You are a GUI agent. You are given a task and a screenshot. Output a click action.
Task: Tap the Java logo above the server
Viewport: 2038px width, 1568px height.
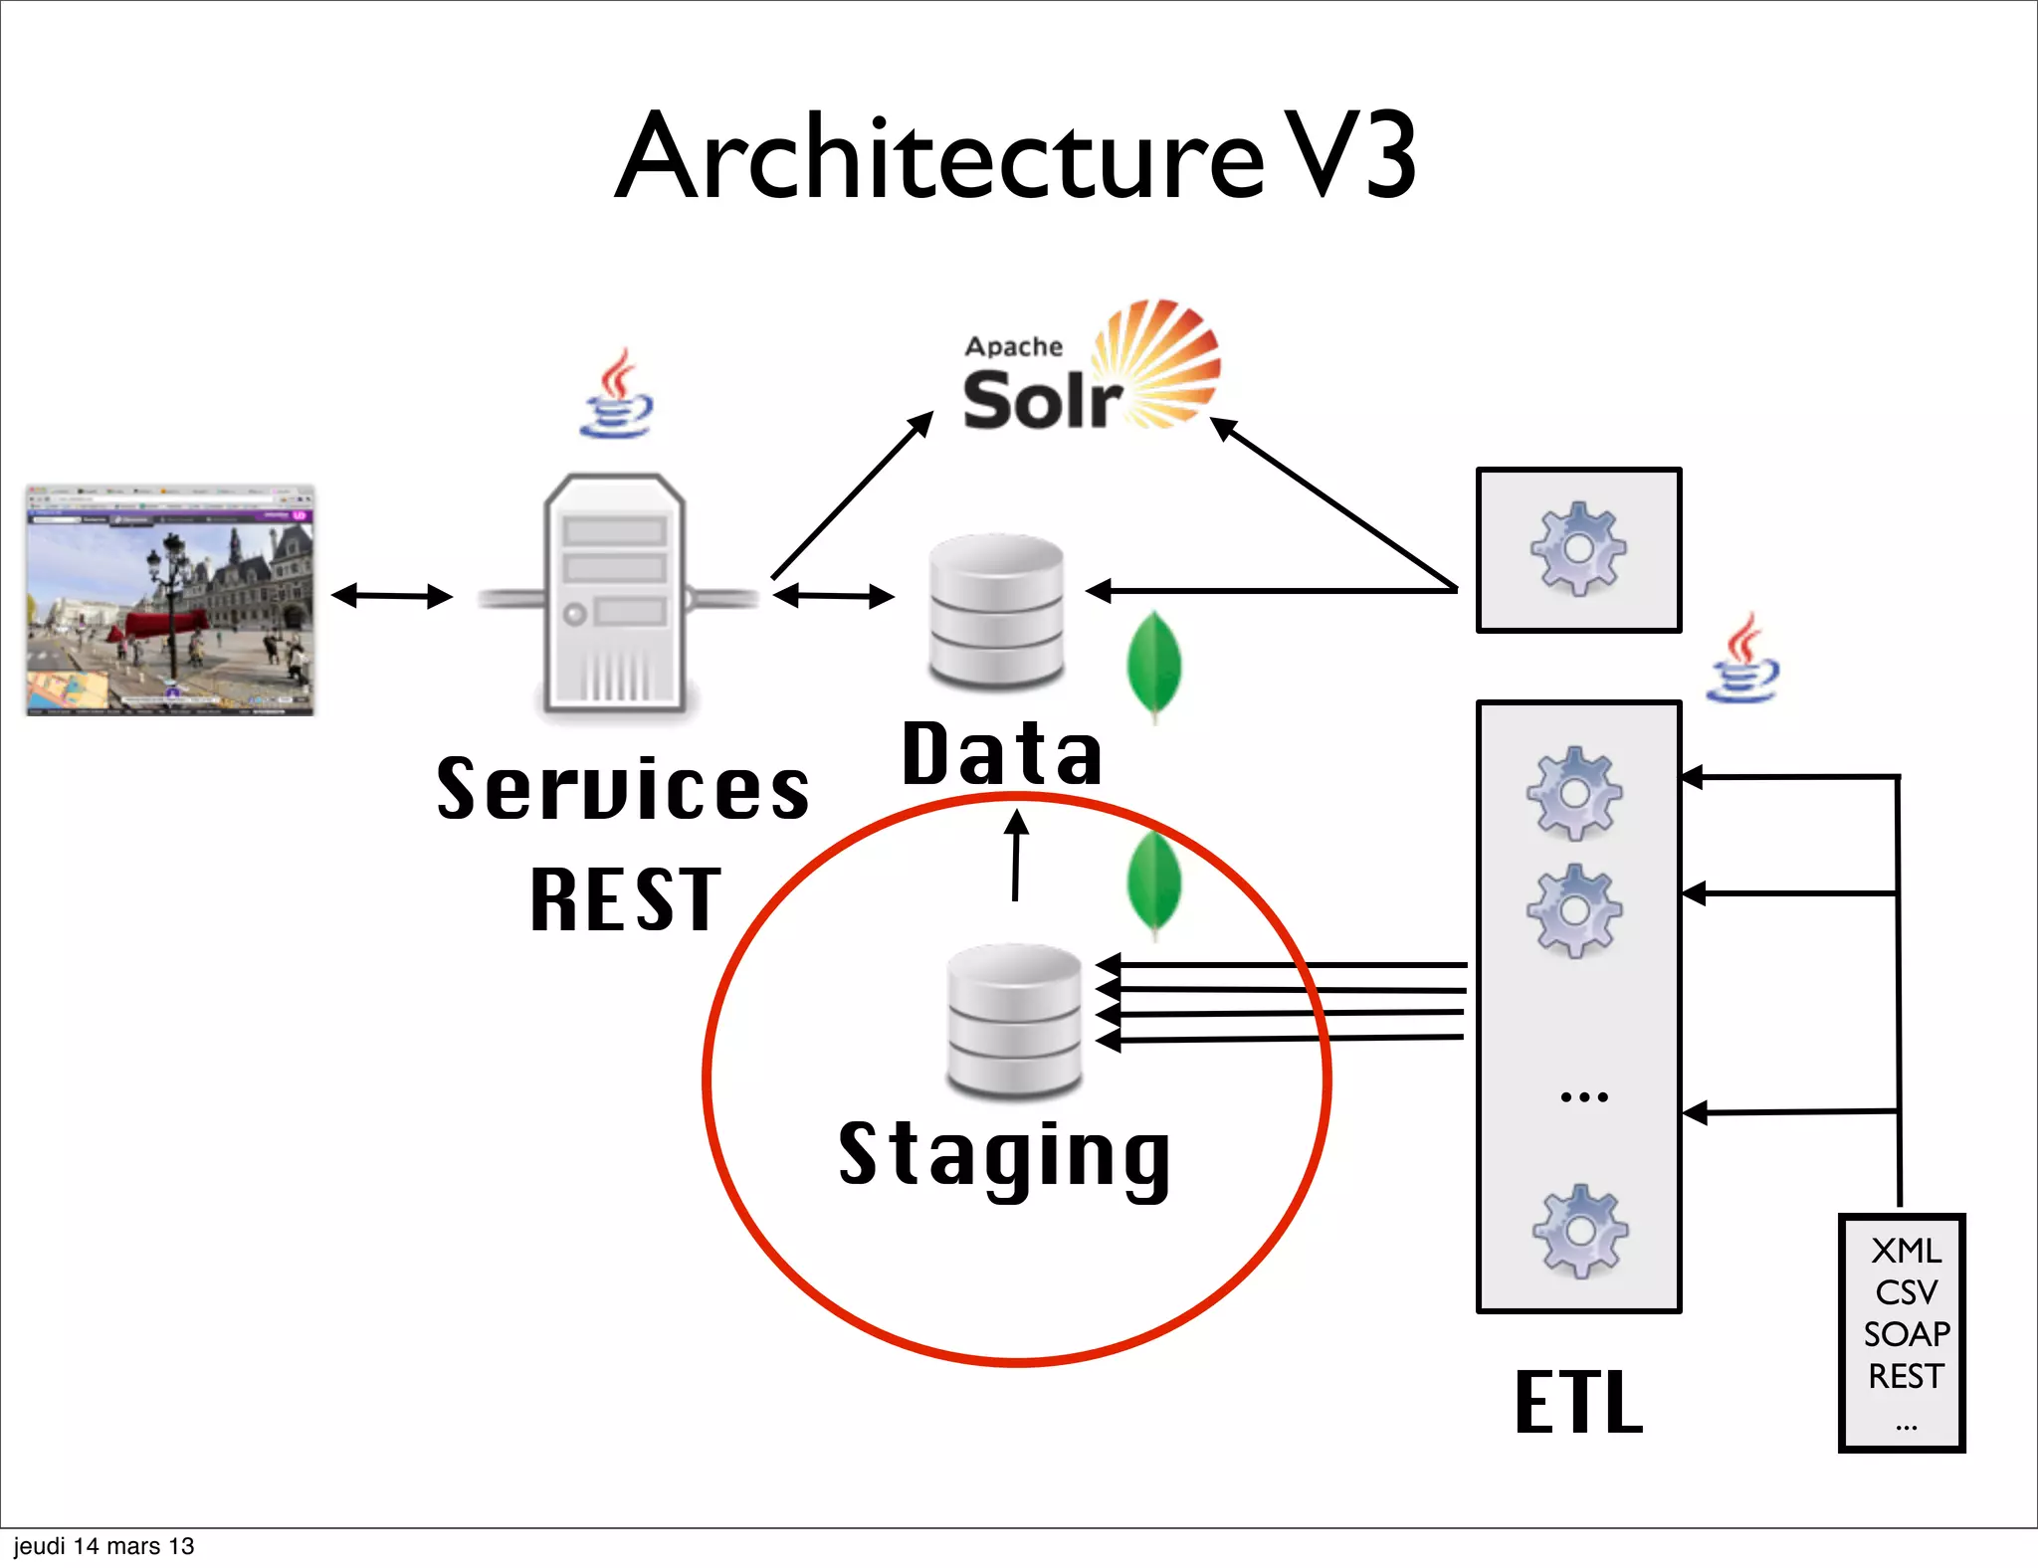point(618,394)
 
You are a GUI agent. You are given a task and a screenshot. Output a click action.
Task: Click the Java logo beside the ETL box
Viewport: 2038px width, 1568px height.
point(1742,660)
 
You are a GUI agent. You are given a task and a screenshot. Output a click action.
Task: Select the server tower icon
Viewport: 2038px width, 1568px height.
point(615,594)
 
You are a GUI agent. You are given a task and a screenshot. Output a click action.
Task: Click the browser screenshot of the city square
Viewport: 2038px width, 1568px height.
point(170,600)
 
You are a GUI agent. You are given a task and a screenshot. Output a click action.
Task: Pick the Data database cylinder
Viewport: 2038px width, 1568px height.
point(996,611)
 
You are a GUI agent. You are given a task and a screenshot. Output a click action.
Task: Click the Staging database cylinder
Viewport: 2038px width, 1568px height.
point(1014,1021)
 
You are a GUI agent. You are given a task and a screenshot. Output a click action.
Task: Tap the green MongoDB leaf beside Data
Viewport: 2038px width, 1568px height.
point(1154,665)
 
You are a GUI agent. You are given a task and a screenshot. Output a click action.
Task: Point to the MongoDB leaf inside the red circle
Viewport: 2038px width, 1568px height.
point(1154,884)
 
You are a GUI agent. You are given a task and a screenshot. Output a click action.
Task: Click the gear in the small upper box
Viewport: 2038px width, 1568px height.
point(1578,549)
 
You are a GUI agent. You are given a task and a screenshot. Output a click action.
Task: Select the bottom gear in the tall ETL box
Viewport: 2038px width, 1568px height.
point(1580,1231)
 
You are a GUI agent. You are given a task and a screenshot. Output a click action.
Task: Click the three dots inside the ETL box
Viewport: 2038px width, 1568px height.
point(1583,1097)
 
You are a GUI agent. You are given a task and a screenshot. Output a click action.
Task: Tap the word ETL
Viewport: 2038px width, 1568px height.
point(1578,1402)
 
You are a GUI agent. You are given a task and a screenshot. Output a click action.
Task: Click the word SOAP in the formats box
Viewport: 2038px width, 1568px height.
point(1906,1334)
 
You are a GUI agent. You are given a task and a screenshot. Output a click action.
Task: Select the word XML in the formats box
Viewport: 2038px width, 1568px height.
point(1906,1251)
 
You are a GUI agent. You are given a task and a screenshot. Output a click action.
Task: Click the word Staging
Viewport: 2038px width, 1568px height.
point(1005,1155)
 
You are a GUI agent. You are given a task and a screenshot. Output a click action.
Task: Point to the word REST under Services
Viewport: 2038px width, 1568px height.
point(625,899)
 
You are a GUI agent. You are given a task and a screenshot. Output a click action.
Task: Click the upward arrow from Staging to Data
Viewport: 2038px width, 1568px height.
point(1016,856)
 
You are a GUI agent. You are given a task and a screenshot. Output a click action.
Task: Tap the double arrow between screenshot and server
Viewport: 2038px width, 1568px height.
point(392,596)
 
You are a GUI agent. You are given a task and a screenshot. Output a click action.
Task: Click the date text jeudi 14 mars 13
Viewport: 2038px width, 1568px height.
point(103,1546)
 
